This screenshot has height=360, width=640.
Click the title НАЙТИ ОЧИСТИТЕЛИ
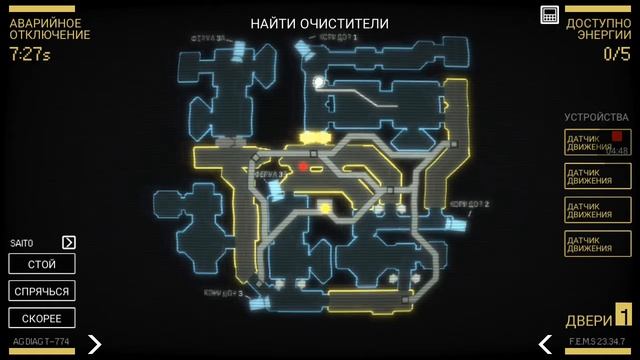click(320, 23)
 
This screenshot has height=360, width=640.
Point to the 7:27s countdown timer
click(30, 54)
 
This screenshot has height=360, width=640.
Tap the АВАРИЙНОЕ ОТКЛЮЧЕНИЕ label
click(49, 28)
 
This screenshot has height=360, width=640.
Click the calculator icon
click(549, 15)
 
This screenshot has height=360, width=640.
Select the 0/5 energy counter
click(616, 54)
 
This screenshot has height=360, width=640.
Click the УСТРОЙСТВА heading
click(597, 117)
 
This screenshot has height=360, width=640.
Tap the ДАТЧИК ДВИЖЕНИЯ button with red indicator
click(597, 142)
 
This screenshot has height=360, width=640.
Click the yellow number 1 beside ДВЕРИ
click(622, 317)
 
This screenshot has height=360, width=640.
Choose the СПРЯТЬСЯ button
click(42, 291)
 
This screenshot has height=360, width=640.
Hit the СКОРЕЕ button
click(42, 318)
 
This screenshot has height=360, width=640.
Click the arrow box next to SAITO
click(69, 242)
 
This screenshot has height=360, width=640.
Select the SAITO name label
click(22, 243)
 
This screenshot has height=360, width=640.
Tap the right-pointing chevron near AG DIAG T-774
click(94, 343)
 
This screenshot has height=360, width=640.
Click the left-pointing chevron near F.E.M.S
click(546, 343)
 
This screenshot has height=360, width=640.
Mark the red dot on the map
click(303, 167)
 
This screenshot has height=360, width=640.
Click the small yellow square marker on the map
click(325, 207)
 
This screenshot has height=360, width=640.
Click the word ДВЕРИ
click(588, 320)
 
